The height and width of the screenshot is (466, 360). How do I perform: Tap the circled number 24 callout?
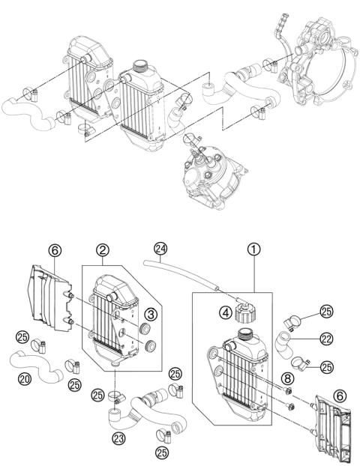click(x=159, y=248)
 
